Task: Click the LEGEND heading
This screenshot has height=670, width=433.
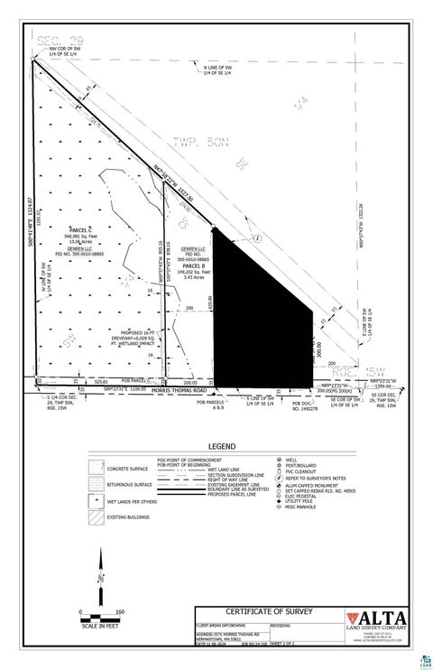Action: coord(221,446)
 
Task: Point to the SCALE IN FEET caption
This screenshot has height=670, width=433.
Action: coord(99,625)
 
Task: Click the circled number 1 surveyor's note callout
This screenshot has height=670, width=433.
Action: coord(257,237)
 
